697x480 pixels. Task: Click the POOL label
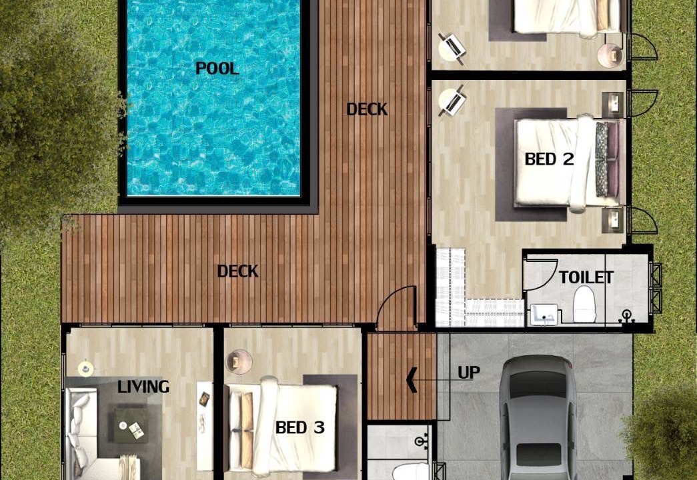[x=217, y=69]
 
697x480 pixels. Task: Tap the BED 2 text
[x=549, y=159]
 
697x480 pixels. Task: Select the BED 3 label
[x=300, y=427]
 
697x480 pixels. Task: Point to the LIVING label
[x=143, y=387]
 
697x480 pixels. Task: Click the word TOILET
[x=586, y=277]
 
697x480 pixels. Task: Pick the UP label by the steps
[x=468, y=373]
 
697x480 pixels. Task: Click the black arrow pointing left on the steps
[x=412, y=381]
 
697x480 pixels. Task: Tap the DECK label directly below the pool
[x=238, y=271]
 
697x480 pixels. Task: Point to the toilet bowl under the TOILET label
[x=584, y=304]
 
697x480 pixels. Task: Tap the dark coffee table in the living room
[x=131, y=425]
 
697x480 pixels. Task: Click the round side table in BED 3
[x=239, y=361]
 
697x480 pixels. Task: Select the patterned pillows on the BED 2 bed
[x=602, y=159]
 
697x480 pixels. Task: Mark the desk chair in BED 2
[x=452, y=101]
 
